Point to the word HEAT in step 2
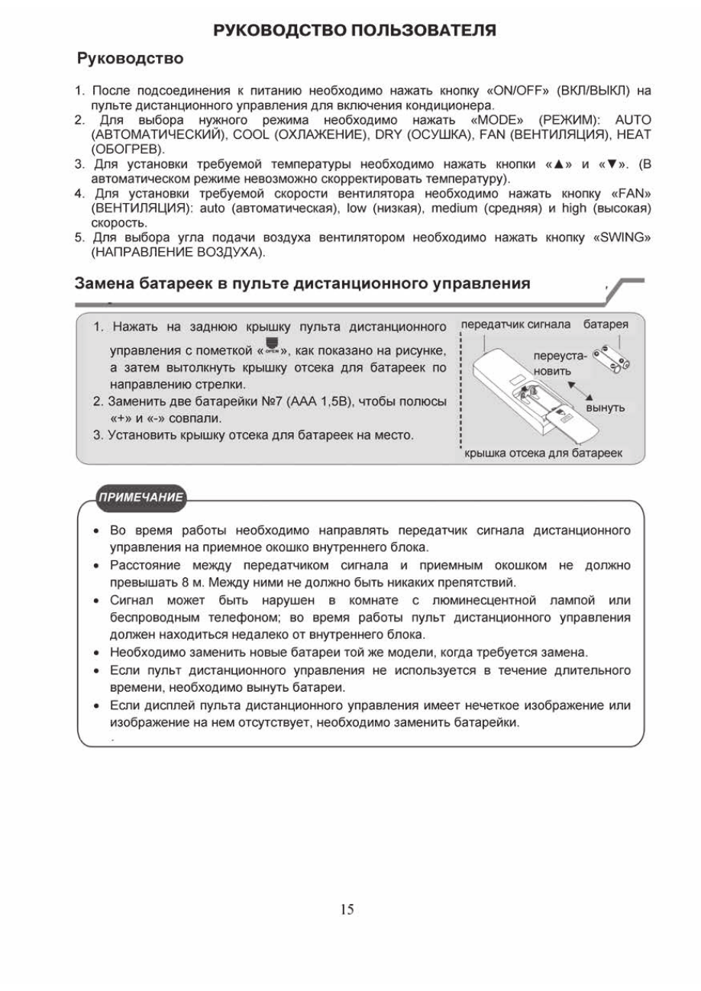point(635,134)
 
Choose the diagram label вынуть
point(606,408)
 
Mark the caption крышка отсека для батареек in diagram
point(544,453)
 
